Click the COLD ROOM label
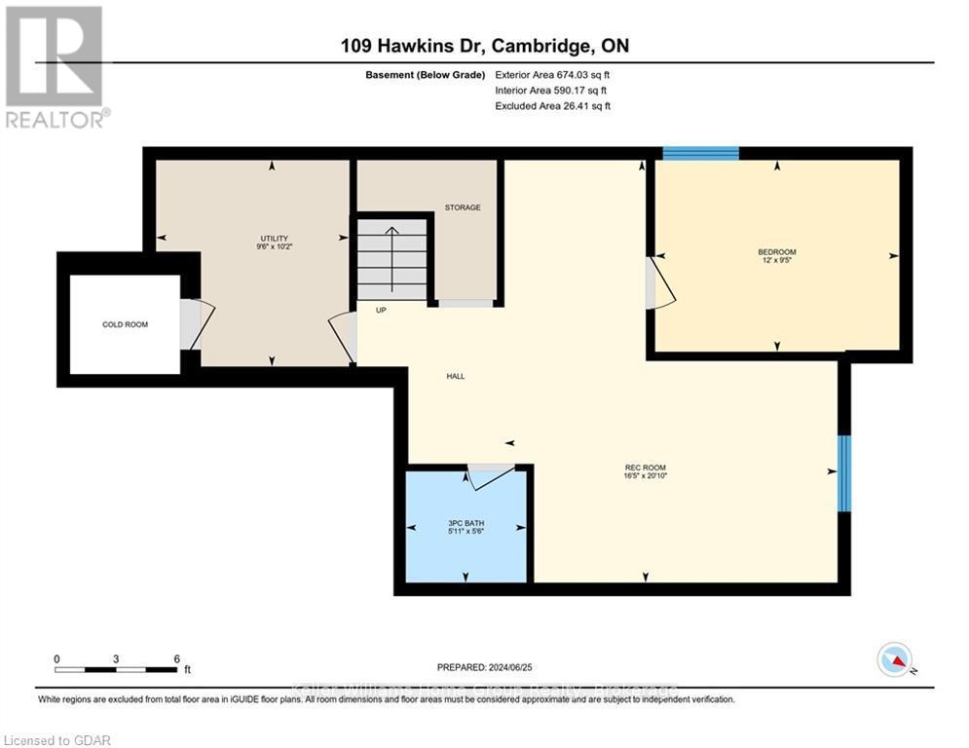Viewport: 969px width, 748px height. (126, 324)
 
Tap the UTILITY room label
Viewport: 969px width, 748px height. (274, 239)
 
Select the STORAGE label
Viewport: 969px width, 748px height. (463, 207)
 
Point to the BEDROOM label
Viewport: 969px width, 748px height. (776, 252)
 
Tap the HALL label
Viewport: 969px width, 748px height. (455, 375)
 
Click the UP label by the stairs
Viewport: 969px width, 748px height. (381, 310)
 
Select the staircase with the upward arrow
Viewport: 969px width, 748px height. (391, 259)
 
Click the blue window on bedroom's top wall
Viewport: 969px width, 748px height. (700, 153)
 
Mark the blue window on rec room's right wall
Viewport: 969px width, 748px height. (844, 473)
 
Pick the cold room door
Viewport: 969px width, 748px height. (195, 324)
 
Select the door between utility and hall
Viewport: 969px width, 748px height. (344, 337)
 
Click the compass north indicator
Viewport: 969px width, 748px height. (893, 659)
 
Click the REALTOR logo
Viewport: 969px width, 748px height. (56, 66)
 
